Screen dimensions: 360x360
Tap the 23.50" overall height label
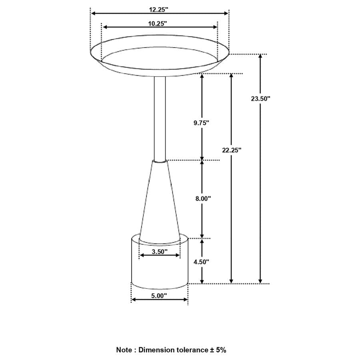pos(261,98)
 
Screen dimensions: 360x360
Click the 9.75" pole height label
pos(202,123)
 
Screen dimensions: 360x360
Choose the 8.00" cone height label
pos(202,198)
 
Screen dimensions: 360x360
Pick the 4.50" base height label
pos(202,262)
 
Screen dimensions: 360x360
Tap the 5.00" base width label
pos(159,296)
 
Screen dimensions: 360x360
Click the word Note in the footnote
pos(125,350)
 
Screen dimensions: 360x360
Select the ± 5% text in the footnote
pos(218,350)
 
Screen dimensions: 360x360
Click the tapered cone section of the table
pos(159,204)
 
